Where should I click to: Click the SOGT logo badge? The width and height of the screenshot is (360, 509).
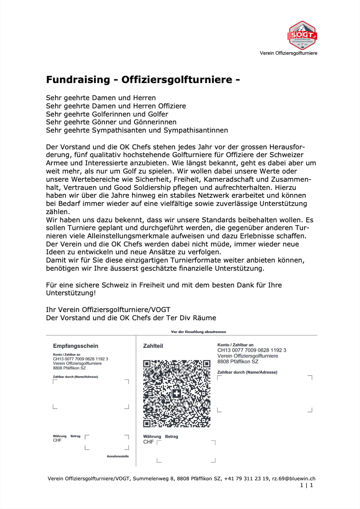click(x=302, y=35)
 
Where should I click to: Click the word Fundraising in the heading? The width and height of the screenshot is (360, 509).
click(x=78, y=80)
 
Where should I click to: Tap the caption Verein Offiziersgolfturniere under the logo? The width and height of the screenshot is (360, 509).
click(x=288, y=53)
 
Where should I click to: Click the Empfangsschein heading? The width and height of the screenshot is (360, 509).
click(x=75, y=346)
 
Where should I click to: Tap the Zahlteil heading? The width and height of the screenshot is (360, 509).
click(x=153, y=346)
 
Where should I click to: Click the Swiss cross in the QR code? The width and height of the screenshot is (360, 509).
click(x=177, y=393)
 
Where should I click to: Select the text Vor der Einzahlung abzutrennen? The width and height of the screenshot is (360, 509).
click(x=198, y=332)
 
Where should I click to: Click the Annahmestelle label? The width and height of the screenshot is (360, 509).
click(x=118, y=456)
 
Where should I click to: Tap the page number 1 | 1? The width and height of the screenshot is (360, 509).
click(x=306, y=485)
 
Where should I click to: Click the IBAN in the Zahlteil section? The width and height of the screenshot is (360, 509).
click(x=252, y=350)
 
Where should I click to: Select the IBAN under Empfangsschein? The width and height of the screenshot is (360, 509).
click(x=80, y=359)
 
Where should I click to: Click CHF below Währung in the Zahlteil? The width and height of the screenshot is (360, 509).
click(x=148, y=442)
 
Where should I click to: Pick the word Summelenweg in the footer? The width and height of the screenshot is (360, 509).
click(x=149, y=479)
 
